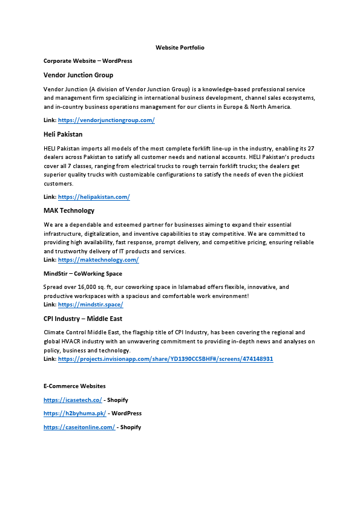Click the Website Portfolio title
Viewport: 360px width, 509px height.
180,47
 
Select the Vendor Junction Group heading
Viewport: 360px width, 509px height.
78,75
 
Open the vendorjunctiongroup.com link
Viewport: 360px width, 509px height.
106,120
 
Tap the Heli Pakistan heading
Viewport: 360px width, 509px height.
63,134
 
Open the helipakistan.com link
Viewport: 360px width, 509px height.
94,197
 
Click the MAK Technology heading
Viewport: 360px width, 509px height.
69,210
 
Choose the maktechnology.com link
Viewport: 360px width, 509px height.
98,260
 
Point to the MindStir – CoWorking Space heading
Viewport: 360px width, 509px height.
83,273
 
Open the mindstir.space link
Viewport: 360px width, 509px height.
90,305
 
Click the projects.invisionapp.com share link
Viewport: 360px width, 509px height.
165,359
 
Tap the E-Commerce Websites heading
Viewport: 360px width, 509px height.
74,386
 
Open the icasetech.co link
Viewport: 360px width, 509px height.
73,400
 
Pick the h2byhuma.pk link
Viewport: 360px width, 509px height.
74,413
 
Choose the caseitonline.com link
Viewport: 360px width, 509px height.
79,427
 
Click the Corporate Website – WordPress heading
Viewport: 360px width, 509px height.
88,61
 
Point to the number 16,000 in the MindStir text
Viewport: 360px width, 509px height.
88,287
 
